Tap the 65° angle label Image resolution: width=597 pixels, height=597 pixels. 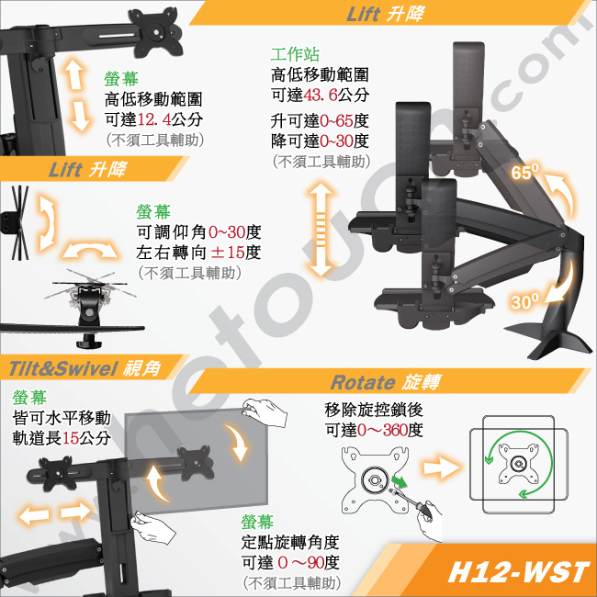pyautogui.click(x=525, y=172)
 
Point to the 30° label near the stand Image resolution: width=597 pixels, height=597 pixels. pyautogui.click(x=525, y=301)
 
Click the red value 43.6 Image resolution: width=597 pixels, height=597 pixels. pyautogui.click(x=321, y=95)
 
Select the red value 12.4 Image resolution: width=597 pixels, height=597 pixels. pyautogui.click(x=153, y=119)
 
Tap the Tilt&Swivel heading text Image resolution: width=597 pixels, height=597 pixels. pyautogui.click(x=62, y=368)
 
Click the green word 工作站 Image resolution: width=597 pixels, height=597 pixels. pyautogui.click(x=295, y=54)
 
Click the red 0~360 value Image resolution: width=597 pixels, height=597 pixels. pyautogui.click(x=382, y=430)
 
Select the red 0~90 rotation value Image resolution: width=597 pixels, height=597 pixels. pyautogui.click(x=300, y=562)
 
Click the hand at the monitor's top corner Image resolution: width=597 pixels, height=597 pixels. pyautogui.click(x=265, y=412)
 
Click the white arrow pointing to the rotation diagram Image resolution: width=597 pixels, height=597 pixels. pyautogui.click(x=441, y=467)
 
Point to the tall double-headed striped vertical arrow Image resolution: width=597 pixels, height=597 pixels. pyautogui.click(x=321, y=230)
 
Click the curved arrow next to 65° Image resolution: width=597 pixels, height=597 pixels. pyautogui.click(x=559, y=192)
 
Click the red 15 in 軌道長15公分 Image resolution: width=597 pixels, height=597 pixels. pyautogui.click(x=71, y=438)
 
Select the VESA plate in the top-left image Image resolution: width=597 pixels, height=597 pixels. pyautogui.click(x=155, y=32)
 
